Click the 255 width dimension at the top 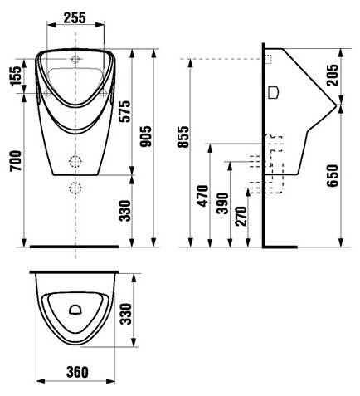tap(75, 18)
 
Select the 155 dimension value tap(16, 76)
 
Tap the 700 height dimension tap(16, 161)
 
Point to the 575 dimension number tap(124, 111)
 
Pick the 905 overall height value tap(146, 136)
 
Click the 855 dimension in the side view tap(183, 137)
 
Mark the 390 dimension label tap(223, 203)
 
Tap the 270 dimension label tap(241, 216)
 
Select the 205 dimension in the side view tap(333, 75)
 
